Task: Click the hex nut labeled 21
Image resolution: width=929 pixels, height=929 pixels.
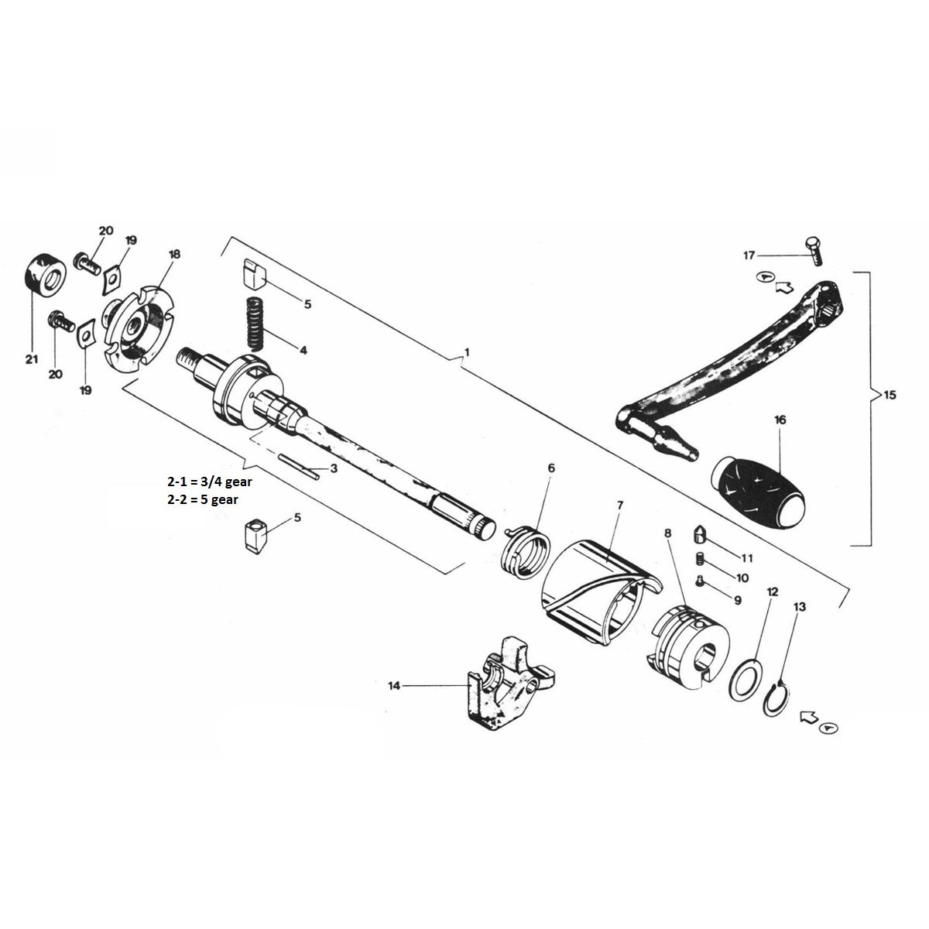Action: (43, 275)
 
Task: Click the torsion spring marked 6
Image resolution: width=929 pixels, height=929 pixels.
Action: (526, 549)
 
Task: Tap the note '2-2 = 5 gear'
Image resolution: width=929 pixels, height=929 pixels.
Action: (203, 499)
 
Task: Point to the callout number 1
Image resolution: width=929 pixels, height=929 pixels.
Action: (466, 352)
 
